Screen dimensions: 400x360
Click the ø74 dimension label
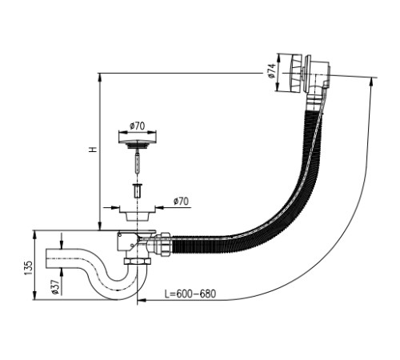tap(271, 71)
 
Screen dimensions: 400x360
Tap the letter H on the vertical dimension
tap(93, 149)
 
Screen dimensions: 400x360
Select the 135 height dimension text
tap(28, 268)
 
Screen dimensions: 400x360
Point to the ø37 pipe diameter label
tap(55, 287)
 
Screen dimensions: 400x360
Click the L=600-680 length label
tap(190, 294)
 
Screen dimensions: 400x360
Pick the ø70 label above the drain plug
tap(138, 126)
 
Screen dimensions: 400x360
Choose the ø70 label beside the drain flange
tap(181, 201)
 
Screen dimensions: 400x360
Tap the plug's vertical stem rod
tap(137, 163)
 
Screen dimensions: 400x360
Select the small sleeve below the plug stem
tap(138, 190)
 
